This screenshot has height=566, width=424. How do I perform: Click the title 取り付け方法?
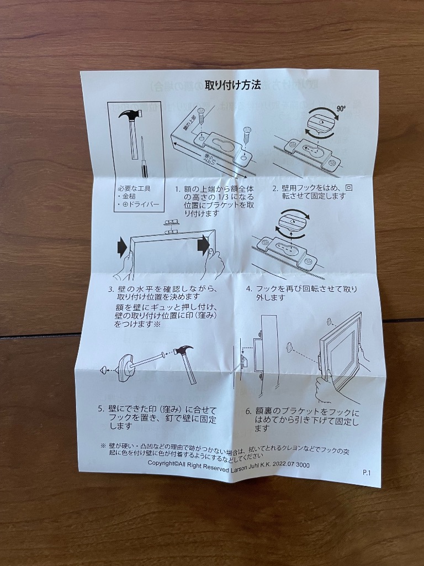click(x=232, y=85)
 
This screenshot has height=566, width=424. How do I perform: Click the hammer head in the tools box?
click(x=130, y=116)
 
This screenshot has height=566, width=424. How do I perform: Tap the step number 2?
click(x=274, y=188)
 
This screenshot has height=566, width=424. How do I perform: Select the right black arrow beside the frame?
click(x=204, y=243)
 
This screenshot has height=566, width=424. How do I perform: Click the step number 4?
click(x=249, y=289)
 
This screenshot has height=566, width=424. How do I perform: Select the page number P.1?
click(x=367, y=473)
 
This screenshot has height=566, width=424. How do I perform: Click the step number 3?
click(x=111, y=289)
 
